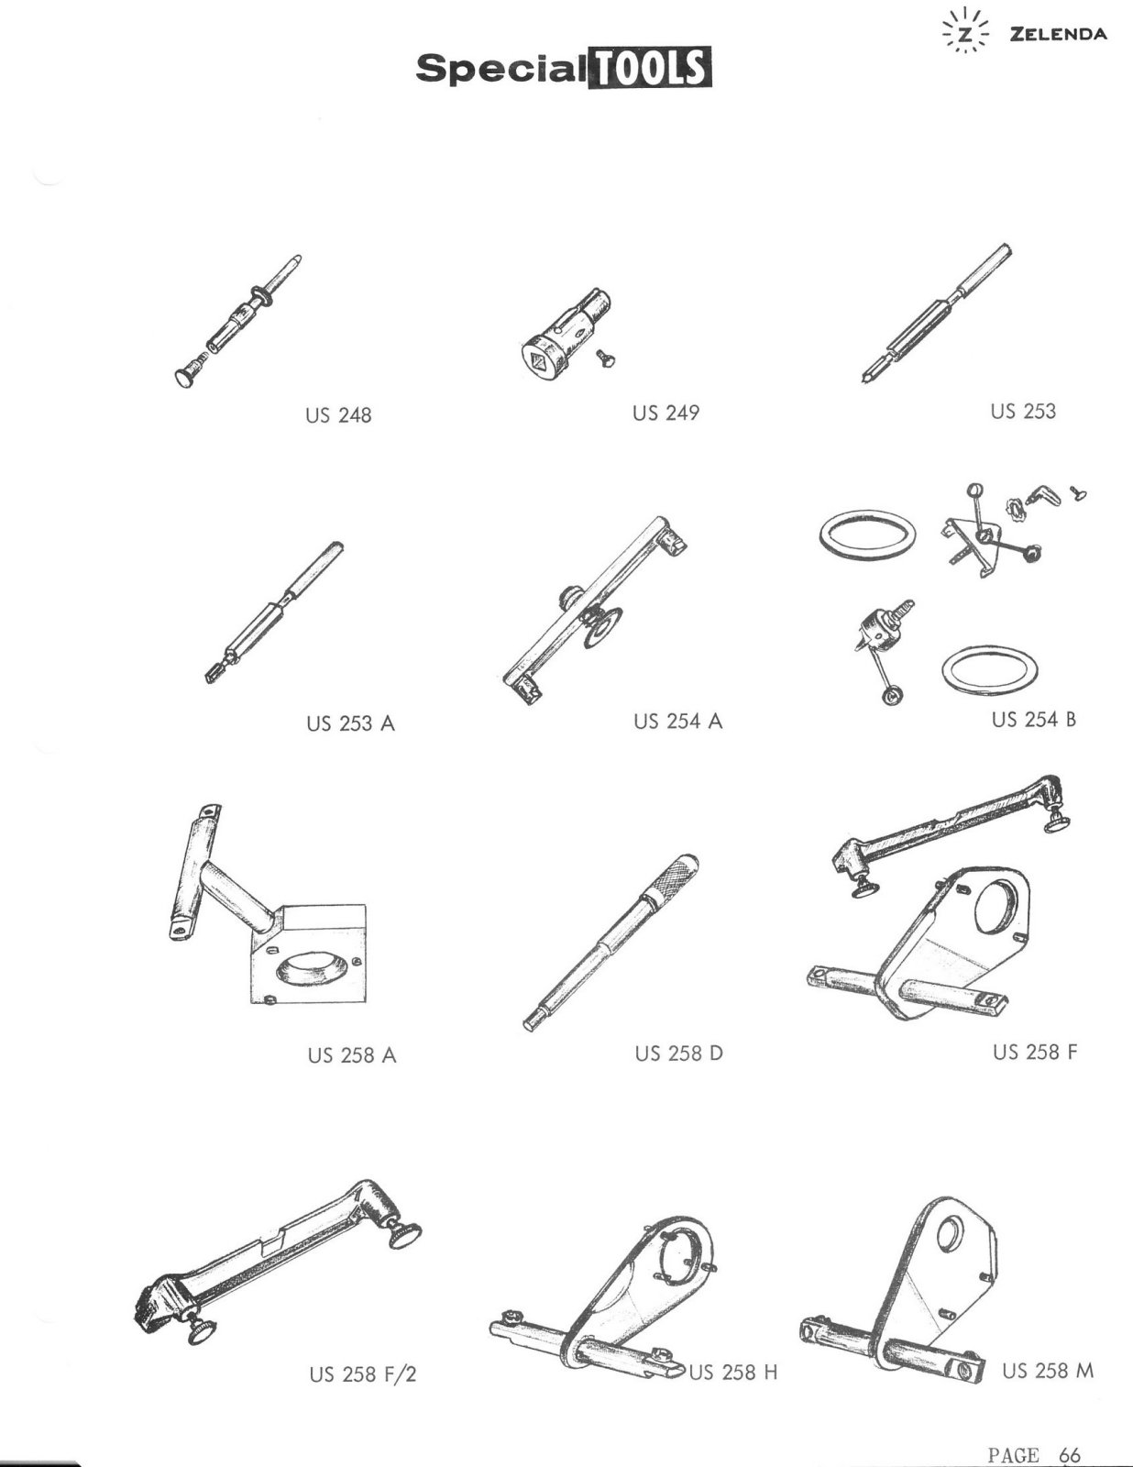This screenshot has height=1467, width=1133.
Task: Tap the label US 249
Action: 665,412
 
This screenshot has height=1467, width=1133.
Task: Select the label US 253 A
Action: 350,723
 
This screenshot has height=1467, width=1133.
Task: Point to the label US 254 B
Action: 1034,720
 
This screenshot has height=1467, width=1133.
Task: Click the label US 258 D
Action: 679,1053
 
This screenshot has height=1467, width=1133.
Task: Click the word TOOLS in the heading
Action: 649,68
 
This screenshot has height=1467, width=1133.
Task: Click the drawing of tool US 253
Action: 937,314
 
